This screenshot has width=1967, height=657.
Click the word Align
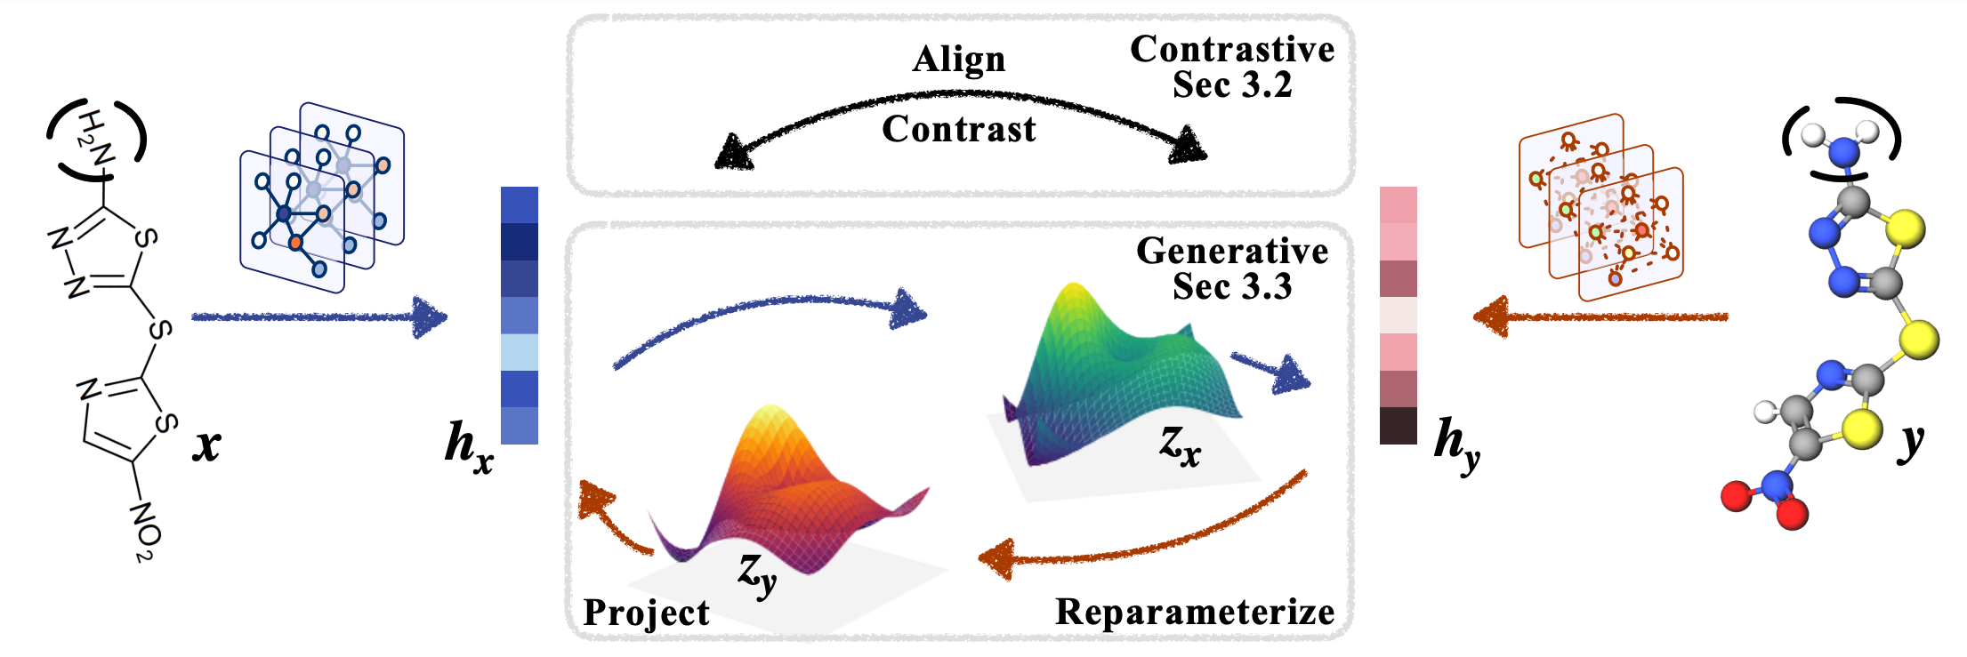click(x=958, y=60)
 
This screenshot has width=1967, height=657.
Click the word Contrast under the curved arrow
click(x=958, y=130)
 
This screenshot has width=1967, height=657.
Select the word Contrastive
click(x=1231, y=50)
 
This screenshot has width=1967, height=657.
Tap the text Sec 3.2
click(x=1231, y=85)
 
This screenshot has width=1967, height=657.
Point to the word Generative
click(x=1231, y=252)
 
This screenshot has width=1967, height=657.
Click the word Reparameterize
click(x=1194, y=613)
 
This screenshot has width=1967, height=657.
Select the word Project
click(x=646, y=613)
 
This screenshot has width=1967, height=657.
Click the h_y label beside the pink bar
click(x=1456, y=443)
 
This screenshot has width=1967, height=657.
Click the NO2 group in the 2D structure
click(x=145, y=530)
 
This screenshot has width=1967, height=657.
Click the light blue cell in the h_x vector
click(x=519, y=352)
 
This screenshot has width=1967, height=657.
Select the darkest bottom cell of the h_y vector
click(x=1398, y=426)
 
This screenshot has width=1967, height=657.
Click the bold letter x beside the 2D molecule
click(x=206, y=445)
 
